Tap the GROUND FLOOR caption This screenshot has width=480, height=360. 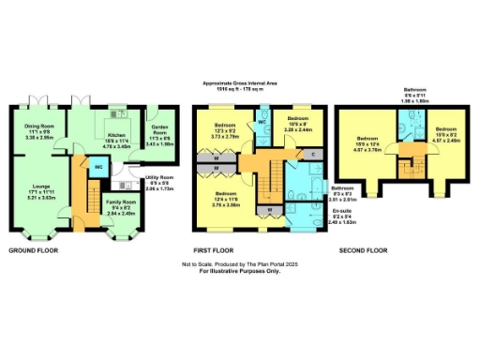[x=36, y=251]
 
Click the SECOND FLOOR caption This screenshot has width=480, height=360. [x=364, y=251]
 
